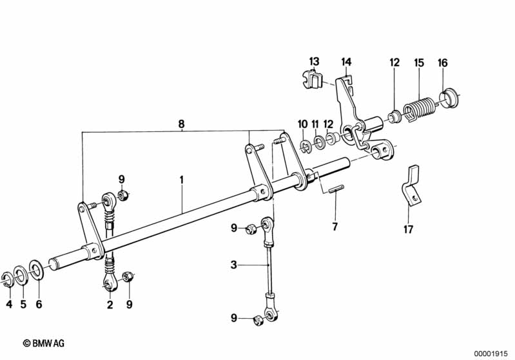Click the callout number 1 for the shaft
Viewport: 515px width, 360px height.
[x=181, y=180]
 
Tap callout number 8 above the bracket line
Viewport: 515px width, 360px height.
[x=181, y=124]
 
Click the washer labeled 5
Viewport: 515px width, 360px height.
[x=21, y=276]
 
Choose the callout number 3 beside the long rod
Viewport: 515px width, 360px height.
[x=233, y=265]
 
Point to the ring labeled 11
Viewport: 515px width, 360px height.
[x=318, y=142]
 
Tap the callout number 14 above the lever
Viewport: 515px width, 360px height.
[x=346, y=62]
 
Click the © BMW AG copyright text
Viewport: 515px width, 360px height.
[x=44, y=343]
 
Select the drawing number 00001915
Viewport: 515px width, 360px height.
[x=491, y=354]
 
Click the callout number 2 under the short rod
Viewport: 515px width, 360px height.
[x=110, y=304]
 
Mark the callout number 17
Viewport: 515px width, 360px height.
[x=408, y=229]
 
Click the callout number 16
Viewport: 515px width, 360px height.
[x=442, y=62]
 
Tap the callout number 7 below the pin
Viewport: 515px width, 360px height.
[x=335, y=227]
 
